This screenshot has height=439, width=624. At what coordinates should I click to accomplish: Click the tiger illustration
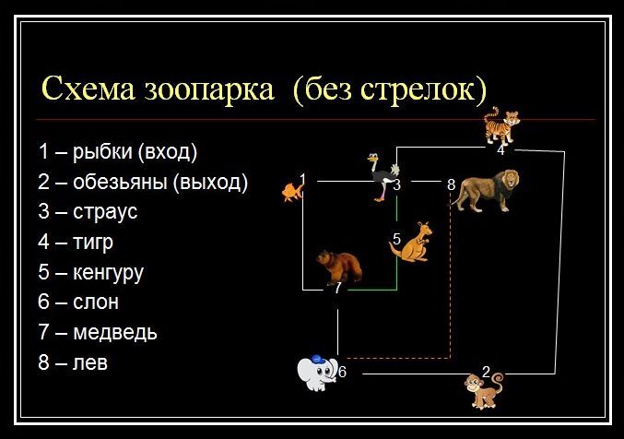point(501,125)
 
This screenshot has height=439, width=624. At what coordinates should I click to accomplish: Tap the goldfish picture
point(293,192)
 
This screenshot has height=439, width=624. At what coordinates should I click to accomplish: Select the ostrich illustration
point(383,177)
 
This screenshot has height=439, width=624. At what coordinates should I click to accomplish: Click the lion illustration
point(486,190)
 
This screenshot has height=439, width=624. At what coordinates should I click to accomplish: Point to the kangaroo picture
point(411,242)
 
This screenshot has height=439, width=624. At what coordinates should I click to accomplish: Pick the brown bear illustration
point(339,267)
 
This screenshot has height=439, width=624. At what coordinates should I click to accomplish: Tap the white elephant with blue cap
point(317,373)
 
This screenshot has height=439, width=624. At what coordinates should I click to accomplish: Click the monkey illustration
point(483,389)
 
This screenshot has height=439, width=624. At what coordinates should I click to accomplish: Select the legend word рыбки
point(102,152)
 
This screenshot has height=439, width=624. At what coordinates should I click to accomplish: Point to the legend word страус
point(105,212)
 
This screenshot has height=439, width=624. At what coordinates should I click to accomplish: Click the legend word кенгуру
point(108,273)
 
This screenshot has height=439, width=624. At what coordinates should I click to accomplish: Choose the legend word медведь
point(115,333)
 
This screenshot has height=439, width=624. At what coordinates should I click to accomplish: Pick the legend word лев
point(90,363)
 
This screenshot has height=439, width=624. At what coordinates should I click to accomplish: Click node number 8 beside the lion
point(451,184)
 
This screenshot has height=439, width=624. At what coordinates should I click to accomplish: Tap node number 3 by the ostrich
point(396,184)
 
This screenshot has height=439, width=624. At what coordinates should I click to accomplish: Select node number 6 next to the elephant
point(342,372)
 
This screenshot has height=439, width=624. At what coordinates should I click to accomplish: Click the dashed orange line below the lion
point(450,281)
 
